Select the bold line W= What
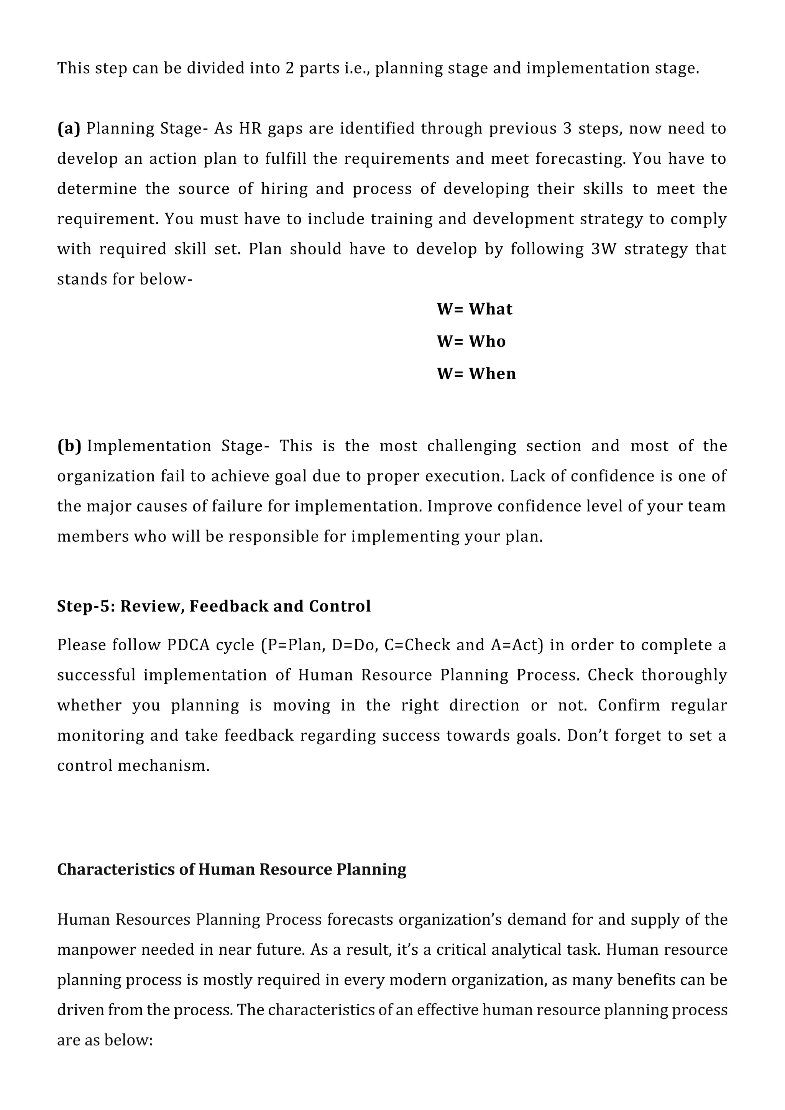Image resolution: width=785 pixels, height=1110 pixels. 474,309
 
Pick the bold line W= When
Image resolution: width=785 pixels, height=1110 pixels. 476,374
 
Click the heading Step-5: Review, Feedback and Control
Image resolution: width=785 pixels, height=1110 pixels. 213,606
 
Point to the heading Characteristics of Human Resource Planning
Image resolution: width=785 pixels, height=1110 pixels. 232,869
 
